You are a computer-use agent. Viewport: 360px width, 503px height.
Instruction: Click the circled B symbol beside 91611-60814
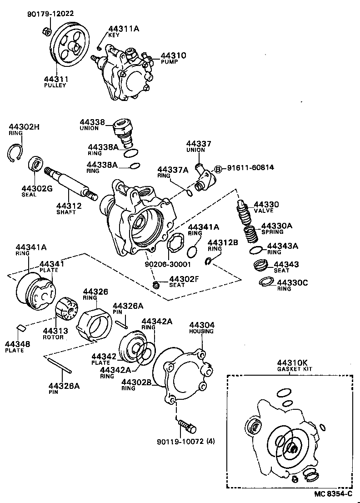217,169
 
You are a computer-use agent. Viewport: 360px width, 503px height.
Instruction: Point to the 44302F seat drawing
156,285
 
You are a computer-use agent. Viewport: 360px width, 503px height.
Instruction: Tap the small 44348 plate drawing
20,327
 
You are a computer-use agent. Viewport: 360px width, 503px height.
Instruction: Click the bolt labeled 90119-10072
187,426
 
